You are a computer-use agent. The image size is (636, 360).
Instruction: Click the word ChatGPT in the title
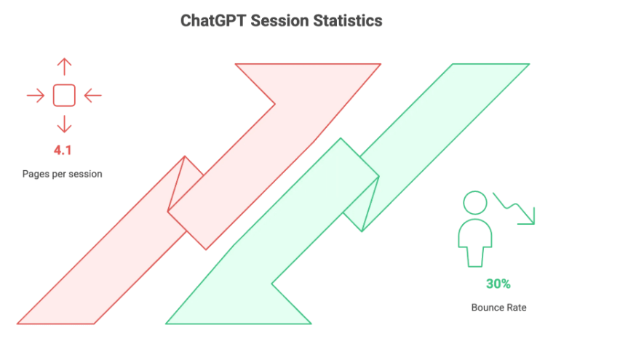pos(213,20)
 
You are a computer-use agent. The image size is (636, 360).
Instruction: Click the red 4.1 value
pos(63,151)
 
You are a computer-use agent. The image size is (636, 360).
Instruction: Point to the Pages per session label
pos(62,174)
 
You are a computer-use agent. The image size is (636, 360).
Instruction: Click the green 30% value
pos(498,284)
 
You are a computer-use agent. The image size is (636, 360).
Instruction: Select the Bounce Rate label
pos(499,308)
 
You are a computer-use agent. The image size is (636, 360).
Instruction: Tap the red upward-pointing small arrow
pos(64,67)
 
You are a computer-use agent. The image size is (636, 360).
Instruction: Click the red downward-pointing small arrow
pos(64,124)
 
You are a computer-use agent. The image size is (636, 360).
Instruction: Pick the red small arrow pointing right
pos(36,96)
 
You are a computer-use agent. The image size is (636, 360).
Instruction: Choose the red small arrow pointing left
pos(93,96)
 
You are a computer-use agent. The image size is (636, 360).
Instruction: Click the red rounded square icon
pos(64,96)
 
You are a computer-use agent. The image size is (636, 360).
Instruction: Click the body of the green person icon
pos(475,243)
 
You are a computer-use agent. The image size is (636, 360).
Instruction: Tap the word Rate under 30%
pos(517,308)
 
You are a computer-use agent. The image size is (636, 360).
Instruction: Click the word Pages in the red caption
pos(33,175)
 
